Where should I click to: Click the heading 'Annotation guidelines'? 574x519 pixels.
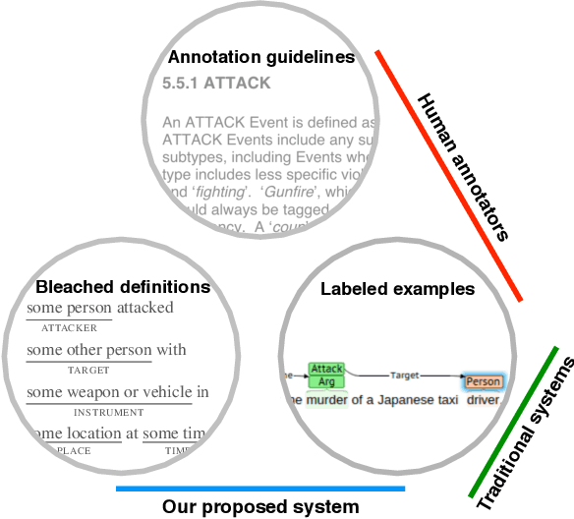click(260, 57)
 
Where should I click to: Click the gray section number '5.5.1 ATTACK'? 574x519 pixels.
click(215, 84)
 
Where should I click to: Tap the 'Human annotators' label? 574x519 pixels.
click(462, 167)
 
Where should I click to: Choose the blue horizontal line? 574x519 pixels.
click(259, 488)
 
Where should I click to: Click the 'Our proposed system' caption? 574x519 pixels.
click(260, 507)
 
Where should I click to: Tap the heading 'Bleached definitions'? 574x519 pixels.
click(123, 287)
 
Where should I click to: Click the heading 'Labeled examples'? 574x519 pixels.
click(397, 289)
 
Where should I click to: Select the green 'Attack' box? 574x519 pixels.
click(326, 369)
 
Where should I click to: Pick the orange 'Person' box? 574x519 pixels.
click(483, 381)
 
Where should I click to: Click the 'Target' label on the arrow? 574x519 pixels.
click(405, 375)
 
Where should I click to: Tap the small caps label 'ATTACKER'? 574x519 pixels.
click(69, 327)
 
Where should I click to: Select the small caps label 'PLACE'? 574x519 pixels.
click(74, 450)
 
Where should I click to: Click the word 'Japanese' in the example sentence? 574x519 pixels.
click(402, 400)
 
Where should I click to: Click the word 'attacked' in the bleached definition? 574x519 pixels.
click(144, 308)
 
